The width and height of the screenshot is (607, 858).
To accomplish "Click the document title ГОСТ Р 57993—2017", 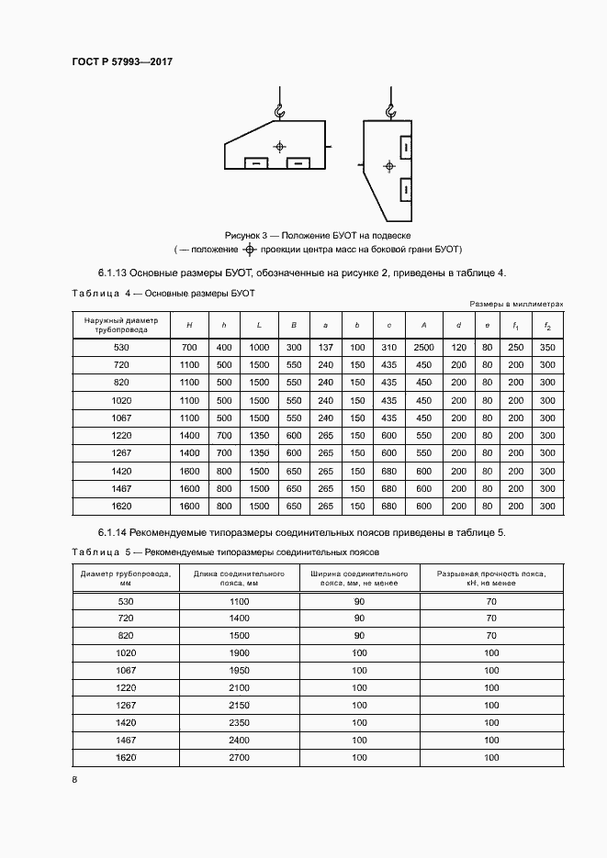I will point(122,61).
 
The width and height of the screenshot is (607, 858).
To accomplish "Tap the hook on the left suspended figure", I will point(279,112).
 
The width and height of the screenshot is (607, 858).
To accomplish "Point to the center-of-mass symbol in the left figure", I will point(280,147).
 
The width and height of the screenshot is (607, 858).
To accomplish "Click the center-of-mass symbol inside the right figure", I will point(389,166).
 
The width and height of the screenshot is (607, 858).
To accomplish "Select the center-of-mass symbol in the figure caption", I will point(249,250).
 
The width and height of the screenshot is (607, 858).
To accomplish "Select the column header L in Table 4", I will point(259,325).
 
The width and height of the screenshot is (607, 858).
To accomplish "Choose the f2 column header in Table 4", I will point(547,325).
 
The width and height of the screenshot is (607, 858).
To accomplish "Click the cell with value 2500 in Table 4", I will point(423,348).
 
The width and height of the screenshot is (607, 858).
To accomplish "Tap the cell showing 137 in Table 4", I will point(325,348).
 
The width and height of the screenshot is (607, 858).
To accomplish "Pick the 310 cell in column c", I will point(389,348).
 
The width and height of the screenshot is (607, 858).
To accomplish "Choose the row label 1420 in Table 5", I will point(126,723).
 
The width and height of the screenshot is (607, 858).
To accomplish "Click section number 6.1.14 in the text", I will point(116,533).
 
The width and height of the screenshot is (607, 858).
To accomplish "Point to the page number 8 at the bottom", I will point(74,780).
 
